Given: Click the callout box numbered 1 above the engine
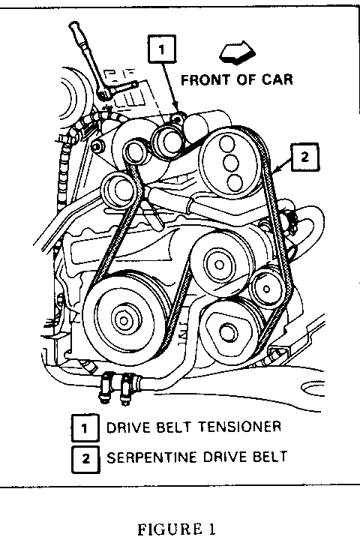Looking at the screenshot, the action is (162, 49).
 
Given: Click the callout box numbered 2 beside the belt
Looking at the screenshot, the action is (305, 157).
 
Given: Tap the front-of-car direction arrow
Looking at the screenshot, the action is (237, 52).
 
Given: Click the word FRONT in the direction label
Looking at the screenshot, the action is (205, 80).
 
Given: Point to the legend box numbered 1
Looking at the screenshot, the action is (85, 428).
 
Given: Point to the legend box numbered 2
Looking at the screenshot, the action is (85, 459).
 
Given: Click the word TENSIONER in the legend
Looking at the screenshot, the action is (240, 427).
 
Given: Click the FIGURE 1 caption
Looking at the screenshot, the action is (177, 529).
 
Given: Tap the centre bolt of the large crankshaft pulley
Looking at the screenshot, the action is (123, 321).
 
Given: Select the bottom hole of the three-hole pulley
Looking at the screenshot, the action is (235, 181).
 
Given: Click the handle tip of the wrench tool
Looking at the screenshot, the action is (73, 26).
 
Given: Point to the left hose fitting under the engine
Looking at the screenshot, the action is (104, 387).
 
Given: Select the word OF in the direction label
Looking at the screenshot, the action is (246, 80).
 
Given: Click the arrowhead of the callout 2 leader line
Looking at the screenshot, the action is (274, 170).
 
